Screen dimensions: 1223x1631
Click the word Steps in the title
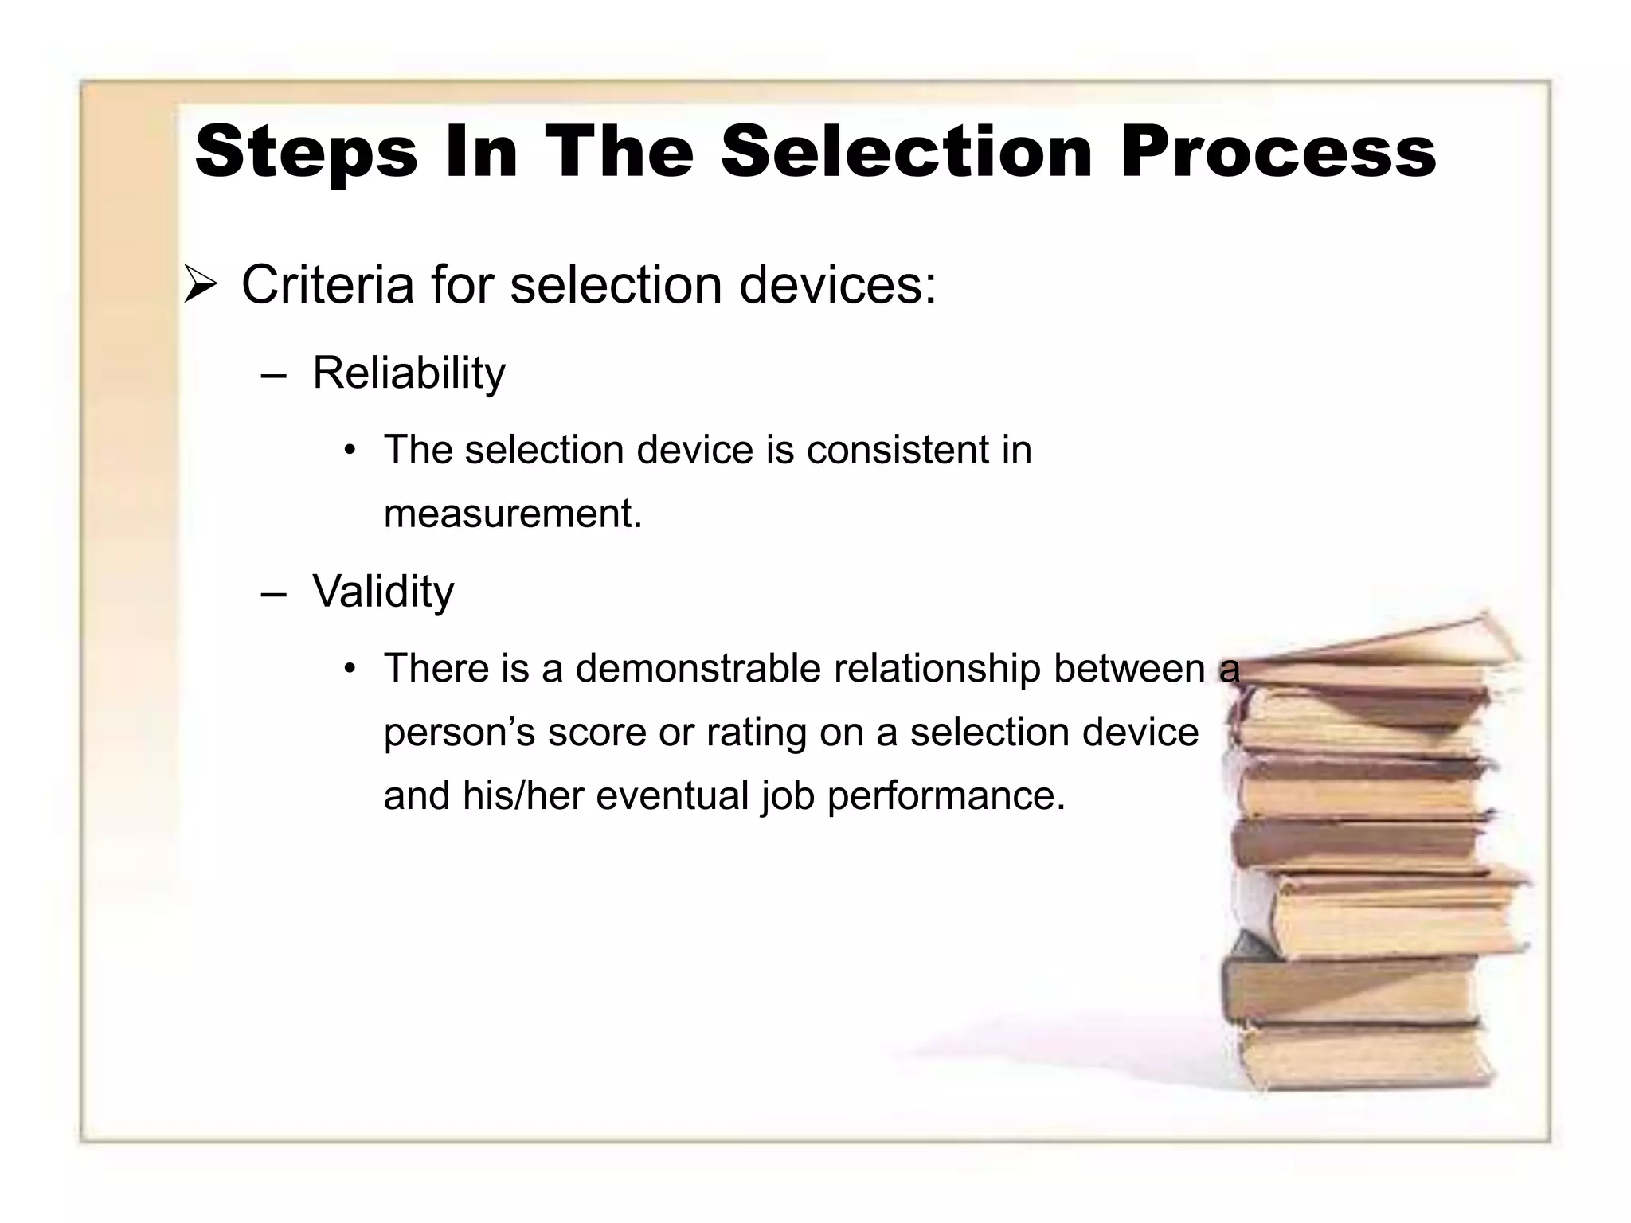point(307,153)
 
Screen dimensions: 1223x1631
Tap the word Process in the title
point(1277,153)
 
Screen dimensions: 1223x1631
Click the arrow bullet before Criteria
point(201,286)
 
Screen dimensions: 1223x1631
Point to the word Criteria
point(327,284)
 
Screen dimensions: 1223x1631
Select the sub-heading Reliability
point(409,373)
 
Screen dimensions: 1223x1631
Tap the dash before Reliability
point(273,375)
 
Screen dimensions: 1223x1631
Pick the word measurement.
point(511,514)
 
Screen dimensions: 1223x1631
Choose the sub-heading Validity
point(383,592)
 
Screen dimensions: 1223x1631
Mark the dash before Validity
point(273,595)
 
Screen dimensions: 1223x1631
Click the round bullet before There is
point(350,669)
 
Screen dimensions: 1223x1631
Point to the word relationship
point(937,669)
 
